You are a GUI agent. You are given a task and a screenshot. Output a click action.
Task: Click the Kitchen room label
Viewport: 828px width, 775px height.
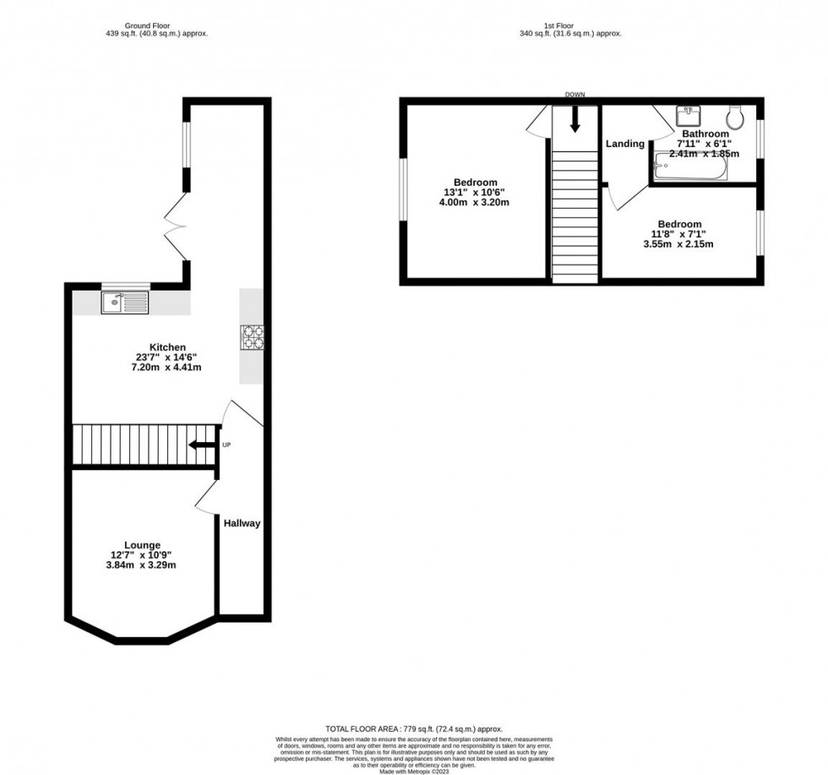[x=167, y=347]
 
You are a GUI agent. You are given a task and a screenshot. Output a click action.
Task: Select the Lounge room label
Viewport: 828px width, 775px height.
[x=142, y=545]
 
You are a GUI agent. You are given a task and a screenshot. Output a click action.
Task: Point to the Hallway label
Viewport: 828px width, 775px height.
[x=242, y=523]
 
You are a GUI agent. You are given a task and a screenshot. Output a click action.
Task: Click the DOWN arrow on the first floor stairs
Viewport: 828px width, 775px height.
[x=575, y=117]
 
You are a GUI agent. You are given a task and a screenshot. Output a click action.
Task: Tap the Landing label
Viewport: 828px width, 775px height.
[x=624, y=144]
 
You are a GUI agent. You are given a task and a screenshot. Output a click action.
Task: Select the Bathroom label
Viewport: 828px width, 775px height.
[x=705, y=134]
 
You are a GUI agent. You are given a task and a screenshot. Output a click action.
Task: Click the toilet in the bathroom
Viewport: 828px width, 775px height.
[x=733, y=115]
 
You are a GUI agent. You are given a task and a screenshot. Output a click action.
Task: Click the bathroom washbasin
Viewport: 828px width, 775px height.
[x=687, y=114]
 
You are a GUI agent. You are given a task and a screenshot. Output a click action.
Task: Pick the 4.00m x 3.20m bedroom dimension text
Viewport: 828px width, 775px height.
[x=475, y=203]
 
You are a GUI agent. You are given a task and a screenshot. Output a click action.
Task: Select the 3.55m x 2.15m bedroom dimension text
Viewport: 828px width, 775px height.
[x=679, y=245]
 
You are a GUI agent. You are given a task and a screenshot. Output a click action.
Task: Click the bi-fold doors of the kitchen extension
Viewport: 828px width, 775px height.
[x=177, y=226]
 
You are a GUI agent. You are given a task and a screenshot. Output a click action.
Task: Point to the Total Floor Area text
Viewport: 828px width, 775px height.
[x=414, y=729]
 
